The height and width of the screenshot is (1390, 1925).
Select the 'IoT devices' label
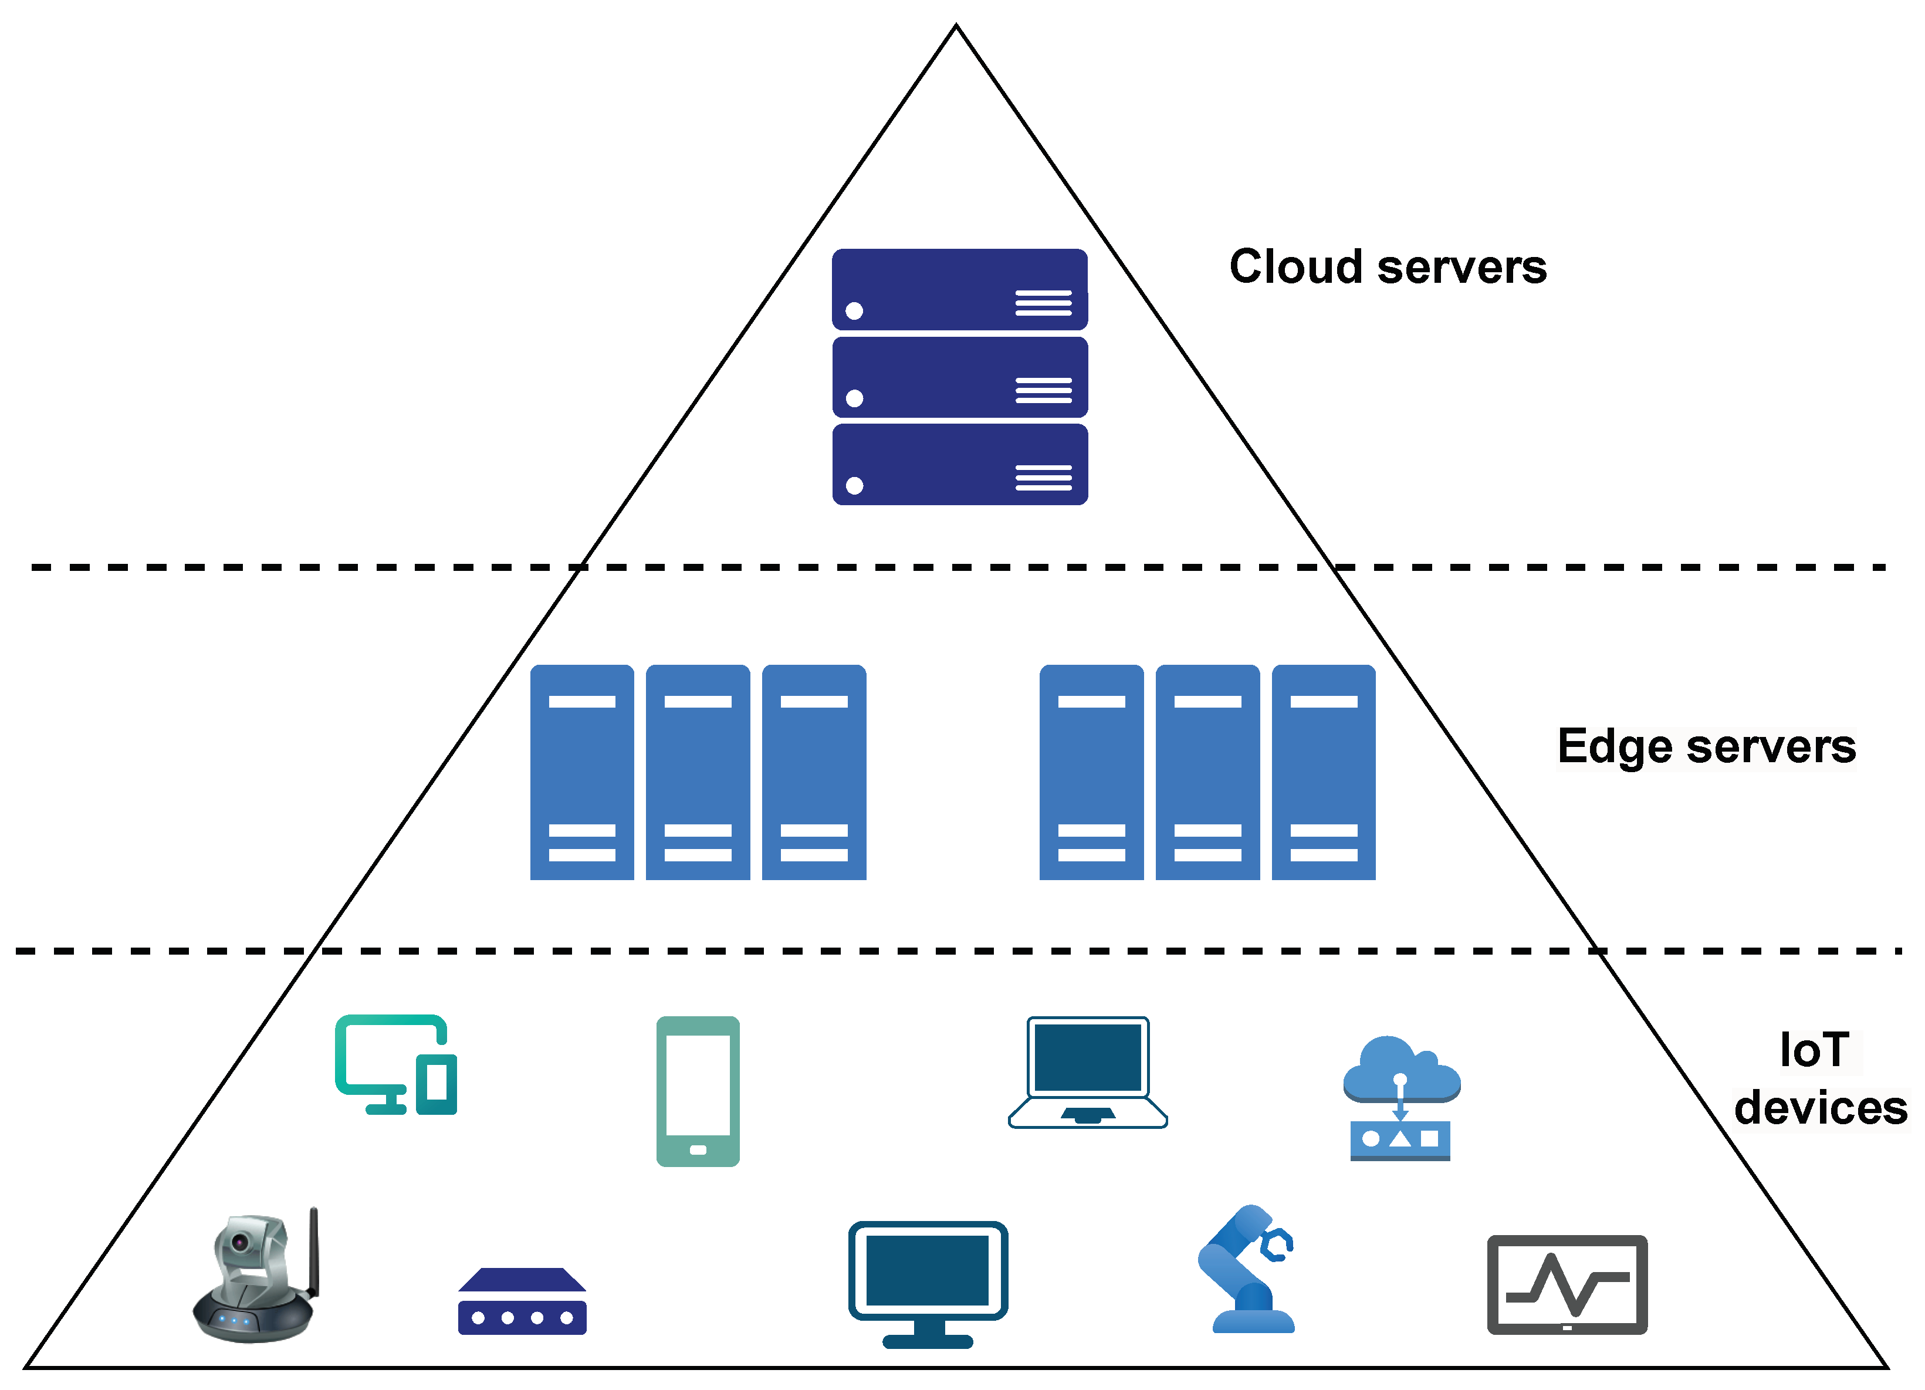(1820, 1078)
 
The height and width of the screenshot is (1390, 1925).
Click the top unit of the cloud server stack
(960, 289)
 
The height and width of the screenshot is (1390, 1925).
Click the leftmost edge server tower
(582, 772)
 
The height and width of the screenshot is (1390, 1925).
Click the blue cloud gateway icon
(1401, 1097)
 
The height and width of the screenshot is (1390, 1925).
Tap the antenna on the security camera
(313, 1252)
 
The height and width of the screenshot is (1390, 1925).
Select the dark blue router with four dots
(522, 1301)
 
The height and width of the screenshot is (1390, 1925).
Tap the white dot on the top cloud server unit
(855, 310)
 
